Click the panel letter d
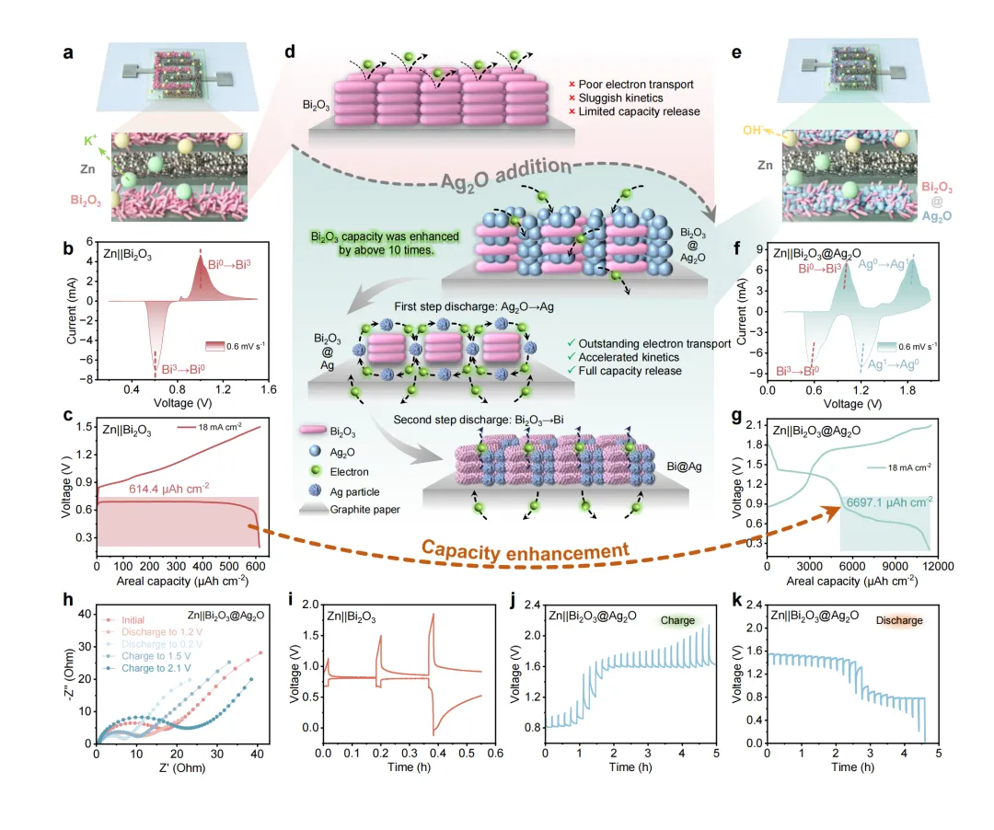(290, 52)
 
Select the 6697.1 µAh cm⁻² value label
(884, 501)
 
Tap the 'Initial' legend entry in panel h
(133, 620)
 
